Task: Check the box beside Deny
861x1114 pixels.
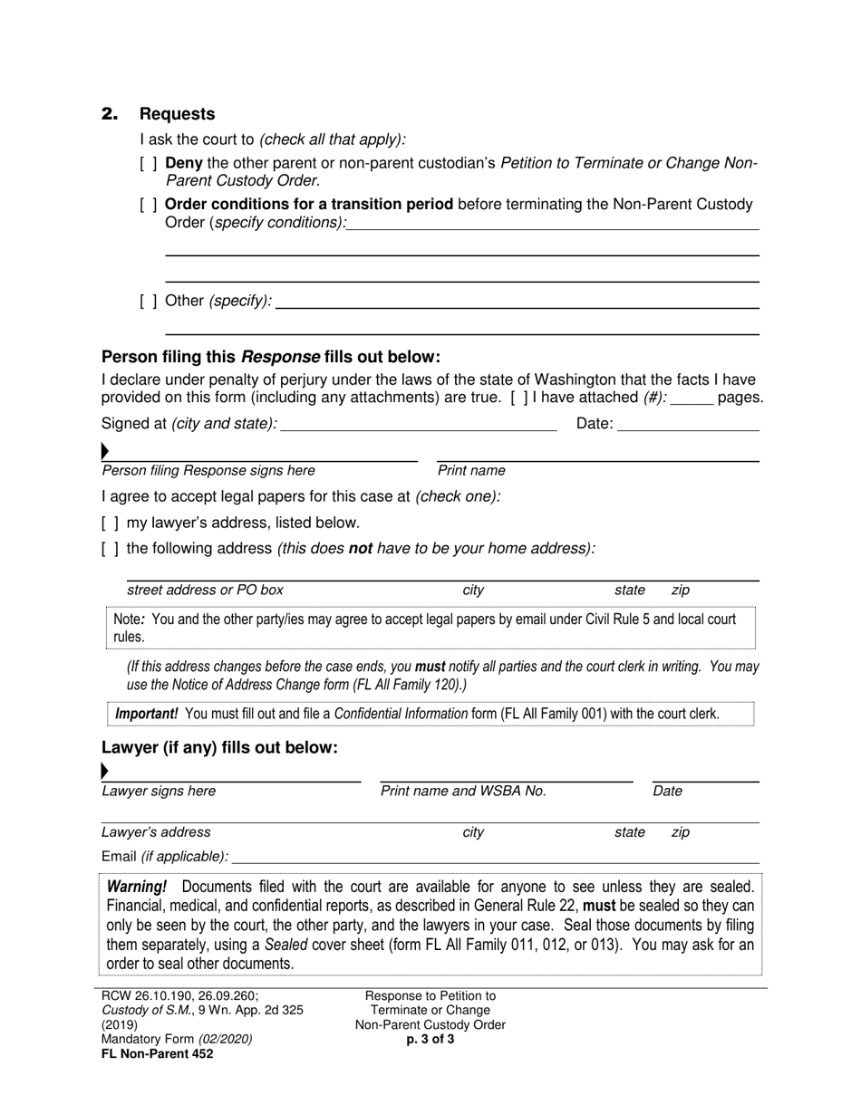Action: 149,164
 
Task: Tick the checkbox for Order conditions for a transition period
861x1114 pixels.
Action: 149,205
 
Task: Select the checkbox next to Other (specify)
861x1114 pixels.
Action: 149,301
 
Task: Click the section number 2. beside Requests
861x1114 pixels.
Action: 110,114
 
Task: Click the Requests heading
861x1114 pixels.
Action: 177,114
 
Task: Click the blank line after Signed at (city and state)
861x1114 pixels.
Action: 419,424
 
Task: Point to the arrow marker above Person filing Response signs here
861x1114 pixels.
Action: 105,451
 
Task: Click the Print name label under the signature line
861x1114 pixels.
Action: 471,471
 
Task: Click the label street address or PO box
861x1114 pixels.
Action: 205,591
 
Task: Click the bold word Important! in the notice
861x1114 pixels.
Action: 146,714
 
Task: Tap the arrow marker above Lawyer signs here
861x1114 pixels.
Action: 105,772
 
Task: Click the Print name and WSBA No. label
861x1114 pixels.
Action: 463,792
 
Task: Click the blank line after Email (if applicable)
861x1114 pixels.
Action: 495,856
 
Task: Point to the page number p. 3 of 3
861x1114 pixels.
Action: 430,1040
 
